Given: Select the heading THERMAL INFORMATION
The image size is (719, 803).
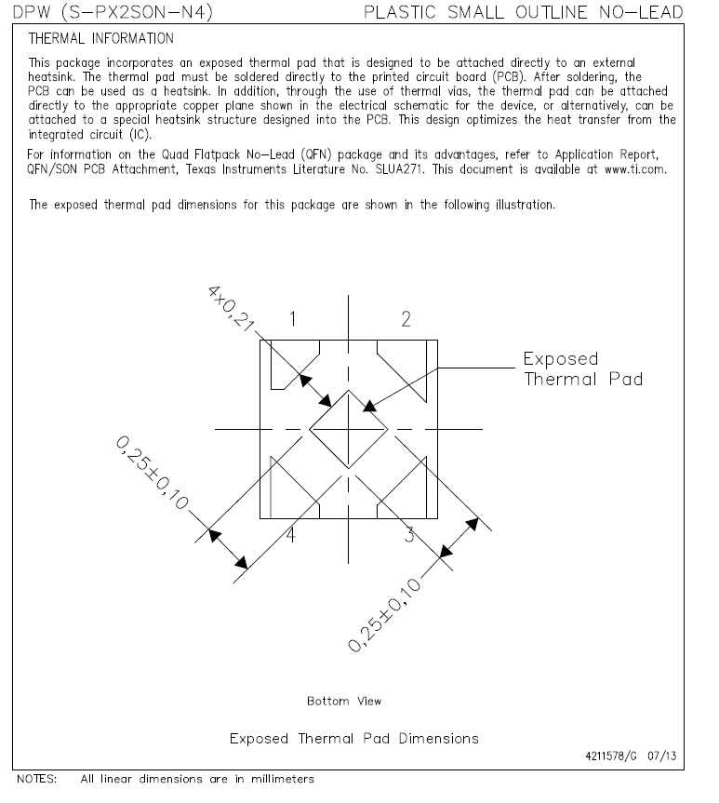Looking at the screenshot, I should (100, 39).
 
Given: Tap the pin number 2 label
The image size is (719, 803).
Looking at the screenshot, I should (406, 320).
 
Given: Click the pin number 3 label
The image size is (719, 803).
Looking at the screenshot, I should (408, 534).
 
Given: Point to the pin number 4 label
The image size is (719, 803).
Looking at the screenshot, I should (291, 535).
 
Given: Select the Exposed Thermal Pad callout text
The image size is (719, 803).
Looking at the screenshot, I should (582, 368).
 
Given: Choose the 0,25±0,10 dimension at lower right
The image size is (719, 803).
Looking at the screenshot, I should (383, 614).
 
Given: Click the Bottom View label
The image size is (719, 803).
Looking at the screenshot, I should (343, 701).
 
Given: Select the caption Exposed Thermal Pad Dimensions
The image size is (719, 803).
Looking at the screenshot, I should (353, 738).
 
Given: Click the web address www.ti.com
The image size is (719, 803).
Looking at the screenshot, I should (634, 169).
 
